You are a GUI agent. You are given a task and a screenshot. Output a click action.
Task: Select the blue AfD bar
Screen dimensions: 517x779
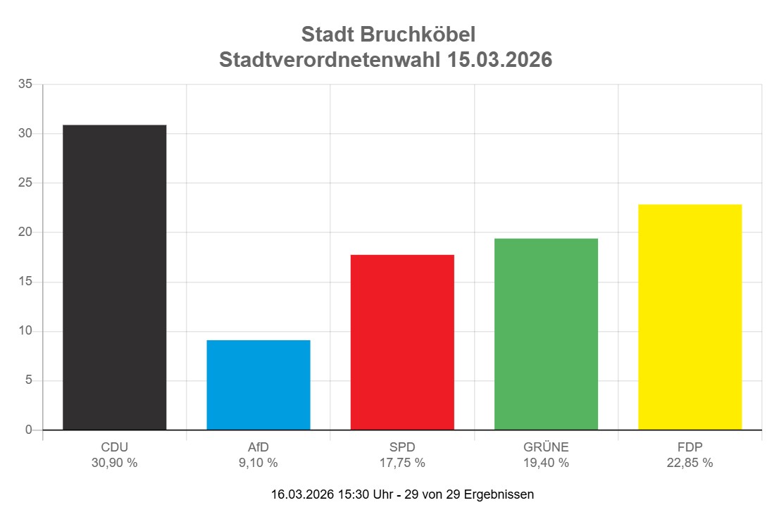coord(258,385)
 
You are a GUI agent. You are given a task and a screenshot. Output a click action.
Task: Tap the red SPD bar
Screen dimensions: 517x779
coord(402,342)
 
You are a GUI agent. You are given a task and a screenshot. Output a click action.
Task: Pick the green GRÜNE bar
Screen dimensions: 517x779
coord(546,334)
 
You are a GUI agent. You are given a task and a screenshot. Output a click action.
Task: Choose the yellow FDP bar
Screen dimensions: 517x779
coord(690,317)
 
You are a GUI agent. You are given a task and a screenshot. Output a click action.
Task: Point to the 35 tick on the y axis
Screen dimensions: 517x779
coord(25,85)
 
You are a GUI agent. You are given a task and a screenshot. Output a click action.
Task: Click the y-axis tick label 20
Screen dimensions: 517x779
coord(25,232)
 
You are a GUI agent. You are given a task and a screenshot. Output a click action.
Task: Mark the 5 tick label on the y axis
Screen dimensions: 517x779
coord(29,380)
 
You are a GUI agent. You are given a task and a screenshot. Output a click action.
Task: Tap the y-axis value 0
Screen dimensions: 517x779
coord(29,430)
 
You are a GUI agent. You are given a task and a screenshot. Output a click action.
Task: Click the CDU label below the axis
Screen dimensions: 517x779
coord(115,447)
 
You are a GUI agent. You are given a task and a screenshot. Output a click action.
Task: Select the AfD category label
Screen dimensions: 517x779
coord(258,447)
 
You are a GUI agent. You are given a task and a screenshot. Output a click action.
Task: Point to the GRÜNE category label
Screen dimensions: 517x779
coord(546,447)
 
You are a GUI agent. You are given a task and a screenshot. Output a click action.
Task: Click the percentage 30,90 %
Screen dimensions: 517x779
coord(115,463)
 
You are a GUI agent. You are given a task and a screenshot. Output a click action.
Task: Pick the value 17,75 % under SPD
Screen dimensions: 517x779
coord(402,463)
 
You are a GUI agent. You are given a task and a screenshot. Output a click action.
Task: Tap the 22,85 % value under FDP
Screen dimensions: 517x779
coord(690,463)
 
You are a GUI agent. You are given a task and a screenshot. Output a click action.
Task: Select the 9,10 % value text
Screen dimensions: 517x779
coord(258,463)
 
